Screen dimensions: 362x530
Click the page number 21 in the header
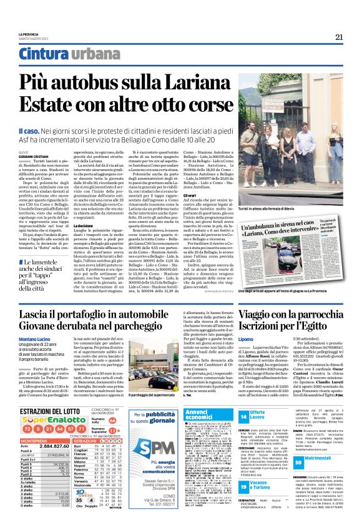[340, 37]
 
